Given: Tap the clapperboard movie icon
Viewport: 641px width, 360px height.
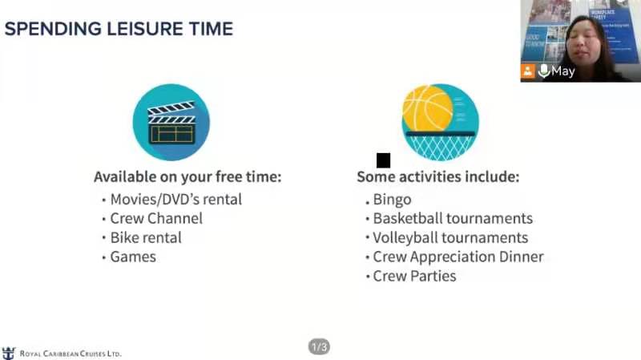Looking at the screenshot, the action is [x=171, y=122].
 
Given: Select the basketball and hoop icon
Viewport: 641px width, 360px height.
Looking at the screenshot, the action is [x=440, y=122].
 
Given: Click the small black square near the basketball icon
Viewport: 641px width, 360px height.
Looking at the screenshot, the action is [x=383, y=160].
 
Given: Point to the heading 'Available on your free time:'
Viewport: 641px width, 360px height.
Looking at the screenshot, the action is [x=187, y=176].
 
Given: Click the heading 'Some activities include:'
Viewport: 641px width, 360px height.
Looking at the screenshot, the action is [x=437, y=176].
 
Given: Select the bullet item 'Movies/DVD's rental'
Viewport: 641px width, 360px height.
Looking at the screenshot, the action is [x=176, y=200].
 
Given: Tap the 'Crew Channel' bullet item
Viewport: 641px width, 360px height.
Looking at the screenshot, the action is [x=156, y=218].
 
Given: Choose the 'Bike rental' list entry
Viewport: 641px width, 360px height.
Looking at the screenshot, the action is [x=146, y=237].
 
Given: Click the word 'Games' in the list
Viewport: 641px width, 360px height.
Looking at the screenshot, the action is [x=133, y=257].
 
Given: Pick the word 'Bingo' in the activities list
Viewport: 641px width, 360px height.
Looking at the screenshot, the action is [x=392, y=200].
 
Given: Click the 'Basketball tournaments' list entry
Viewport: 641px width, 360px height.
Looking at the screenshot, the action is [x=453, y=218].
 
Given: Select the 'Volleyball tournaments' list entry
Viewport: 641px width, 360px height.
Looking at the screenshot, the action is [x=450, y=237].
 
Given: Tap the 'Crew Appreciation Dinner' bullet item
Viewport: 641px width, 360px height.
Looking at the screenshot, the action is [x=458, y=257].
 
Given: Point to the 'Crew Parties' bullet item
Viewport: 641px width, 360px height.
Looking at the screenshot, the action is [x=414, y=276].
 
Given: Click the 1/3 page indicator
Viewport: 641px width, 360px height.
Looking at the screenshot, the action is [x=319, y=347].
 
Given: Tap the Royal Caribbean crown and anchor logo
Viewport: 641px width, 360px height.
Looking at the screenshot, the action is [x=9, y=353].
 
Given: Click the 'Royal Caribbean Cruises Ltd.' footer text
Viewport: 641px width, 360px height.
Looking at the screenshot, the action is [x=71, y=354].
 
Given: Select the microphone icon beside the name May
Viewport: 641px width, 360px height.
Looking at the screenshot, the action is [x=543, y=71].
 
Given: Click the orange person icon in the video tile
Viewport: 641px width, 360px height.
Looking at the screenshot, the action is [x=528, y=71].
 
